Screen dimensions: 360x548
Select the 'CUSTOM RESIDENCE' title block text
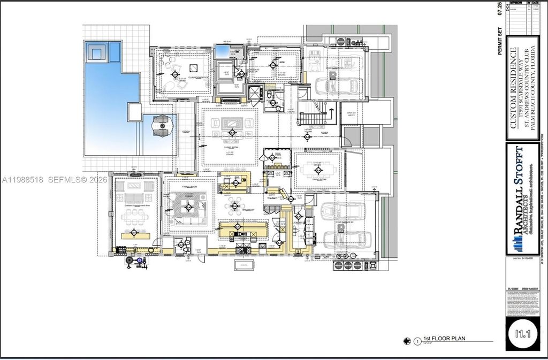tap(513, 88)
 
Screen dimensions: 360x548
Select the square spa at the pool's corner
tap(97, 52)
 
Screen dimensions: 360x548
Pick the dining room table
tap(318, 170)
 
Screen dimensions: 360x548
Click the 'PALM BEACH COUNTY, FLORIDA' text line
tap(537, 88)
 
